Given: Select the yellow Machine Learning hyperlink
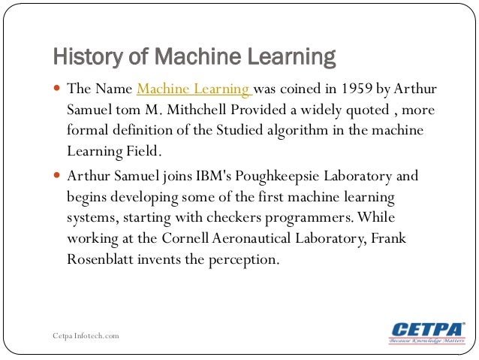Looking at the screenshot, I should tap(193, 90).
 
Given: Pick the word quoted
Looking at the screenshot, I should tap(357, 110).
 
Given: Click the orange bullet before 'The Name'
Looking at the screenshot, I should tap(58, 89).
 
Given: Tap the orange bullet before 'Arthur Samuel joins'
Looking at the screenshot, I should tap(58, 176).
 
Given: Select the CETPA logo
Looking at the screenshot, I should tap(427, 333).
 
